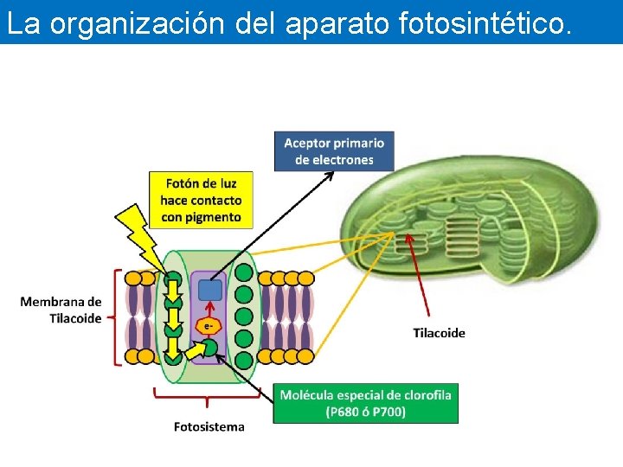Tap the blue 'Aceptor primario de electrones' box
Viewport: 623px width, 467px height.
click(x=334, y=150)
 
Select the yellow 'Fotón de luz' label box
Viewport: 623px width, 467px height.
click(x=200, y=200)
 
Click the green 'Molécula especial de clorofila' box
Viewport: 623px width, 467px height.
click(x=365, y=403)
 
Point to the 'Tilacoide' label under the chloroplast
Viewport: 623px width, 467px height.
click(x=439, y=333)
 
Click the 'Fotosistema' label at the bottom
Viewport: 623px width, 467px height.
click(x=209, y=426)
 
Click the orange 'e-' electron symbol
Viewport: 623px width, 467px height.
click(x=207, y=325)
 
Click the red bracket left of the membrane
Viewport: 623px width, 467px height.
click(x=117, y=317)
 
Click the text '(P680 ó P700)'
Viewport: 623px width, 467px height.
click(x=366, y=412)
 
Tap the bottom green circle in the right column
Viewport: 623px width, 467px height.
click(x=244, y=359)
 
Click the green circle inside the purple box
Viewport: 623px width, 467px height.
click(x=209, y=348)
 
